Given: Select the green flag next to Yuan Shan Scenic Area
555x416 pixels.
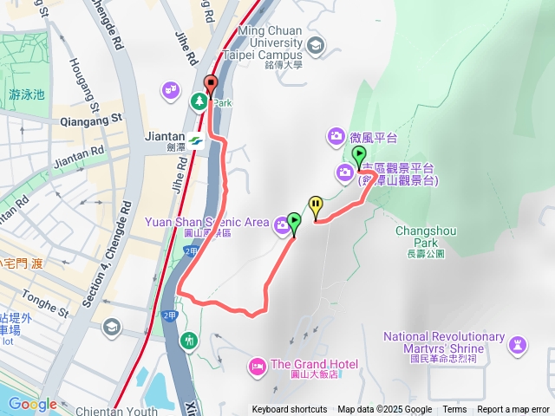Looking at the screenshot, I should coord(294,224).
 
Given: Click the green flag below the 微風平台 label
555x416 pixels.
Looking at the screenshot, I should coord(359,157).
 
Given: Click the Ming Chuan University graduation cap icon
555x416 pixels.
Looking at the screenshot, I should coord(315,44).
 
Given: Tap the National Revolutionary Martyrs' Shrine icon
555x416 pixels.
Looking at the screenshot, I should coord(518,345).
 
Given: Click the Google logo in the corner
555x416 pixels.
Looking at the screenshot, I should coord(33,404).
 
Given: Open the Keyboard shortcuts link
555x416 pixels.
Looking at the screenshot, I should coord(290,410).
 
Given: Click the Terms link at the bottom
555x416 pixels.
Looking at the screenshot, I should coord(454,410).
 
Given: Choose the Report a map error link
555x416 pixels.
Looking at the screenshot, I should coord(513,410).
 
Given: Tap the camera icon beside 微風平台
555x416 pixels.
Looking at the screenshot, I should coord(336,136).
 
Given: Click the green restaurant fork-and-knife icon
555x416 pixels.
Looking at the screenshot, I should coord(189,341).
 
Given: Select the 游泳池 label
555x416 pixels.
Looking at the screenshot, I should coord(26,94).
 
